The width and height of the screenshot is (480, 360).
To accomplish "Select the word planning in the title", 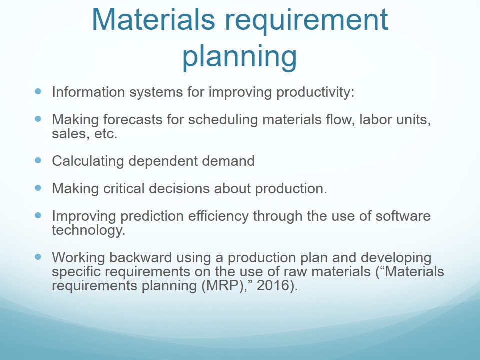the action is point(239,57).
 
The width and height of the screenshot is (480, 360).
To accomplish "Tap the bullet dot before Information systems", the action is point(38,91).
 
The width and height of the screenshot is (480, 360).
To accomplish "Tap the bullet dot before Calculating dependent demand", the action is point(38,160).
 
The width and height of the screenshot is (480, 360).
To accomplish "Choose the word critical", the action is point(124,188).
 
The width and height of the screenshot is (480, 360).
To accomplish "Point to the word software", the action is point(403,216).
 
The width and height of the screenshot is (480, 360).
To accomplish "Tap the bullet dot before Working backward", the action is point(38,257).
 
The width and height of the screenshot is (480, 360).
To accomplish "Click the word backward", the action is point(140,257).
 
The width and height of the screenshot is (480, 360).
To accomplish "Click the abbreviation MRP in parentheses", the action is point(222,286).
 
